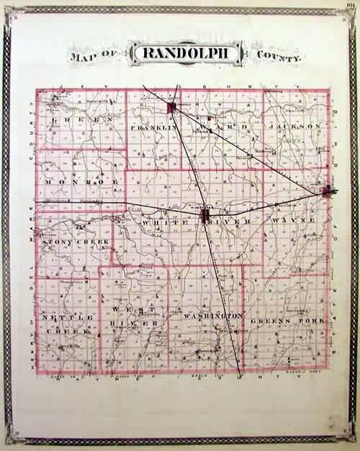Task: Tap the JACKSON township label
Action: click(x=294, y=127)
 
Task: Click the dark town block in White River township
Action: click(x=204, y=216)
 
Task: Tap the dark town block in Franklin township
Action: click(x=172, y=109)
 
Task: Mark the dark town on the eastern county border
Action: click(x=328, y=191)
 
